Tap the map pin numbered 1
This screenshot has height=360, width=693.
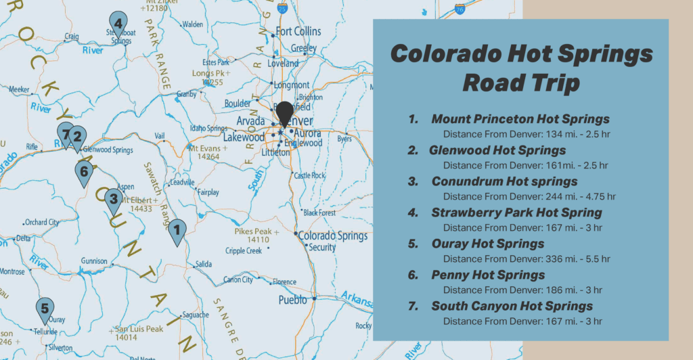177,231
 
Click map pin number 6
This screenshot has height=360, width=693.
83,171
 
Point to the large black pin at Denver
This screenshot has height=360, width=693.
286,112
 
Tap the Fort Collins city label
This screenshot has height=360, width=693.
298,32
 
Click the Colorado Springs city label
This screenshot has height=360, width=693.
333,236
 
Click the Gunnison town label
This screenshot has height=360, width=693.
94,261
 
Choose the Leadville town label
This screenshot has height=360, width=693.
183,183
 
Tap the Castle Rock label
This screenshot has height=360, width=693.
310,175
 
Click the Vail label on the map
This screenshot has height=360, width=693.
160,136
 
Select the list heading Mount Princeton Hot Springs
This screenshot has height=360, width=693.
520,119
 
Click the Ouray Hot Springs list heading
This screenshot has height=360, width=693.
487,244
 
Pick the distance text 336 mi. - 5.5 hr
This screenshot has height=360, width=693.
526,258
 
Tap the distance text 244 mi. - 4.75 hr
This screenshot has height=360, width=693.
529,196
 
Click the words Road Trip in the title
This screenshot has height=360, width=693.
520,83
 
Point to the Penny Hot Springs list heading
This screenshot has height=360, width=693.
488,275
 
